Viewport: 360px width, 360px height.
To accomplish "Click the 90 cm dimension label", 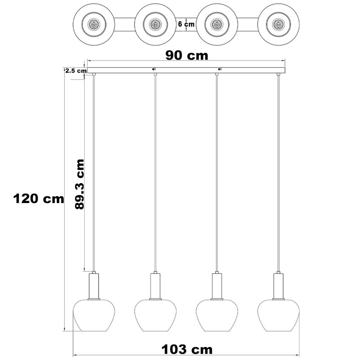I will click(x=186, y=55).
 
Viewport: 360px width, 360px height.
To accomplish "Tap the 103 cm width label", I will click(x=186, y=349).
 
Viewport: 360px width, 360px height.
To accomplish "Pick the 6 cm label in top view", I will click(x=186, y=24).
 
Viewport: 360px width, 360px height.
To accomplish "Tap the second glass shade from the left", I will click(x=155, y=315).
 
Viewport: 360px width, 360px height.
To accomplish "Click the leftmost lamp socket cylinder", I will click(x=93, y=285).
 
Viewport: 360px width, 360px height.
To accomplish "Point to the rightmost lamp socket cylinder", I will click(x=279, y=285).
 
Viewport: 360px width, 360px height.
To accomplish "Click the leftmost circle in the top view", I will click(x=94, y=24).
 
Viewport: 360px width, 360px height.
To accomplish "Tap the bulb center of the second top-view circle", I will click(x=155, y=24).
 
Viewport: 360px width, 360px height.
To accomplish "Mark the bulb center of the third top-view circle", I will click(x=217, y=24).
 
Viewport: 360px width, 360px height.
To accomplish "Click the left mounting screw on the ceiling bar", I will click(x=154, y=69).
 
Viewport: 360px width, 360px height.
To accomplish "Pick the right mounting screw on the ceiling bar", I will click(x=219, y=69).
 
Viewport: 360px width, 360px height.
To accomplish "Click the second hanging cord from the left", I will click(x=155, y=171).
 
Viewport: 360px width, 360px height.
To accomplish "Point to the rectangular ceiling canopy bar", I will click(x=186, y=71).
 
